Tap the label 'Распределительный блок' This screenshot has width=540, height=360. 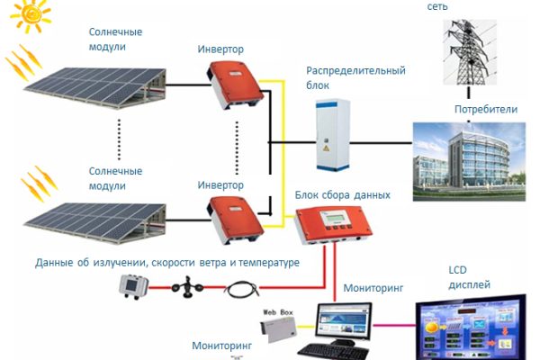(355, 77)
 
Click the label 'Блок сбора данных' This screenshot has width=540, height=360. (342, 194)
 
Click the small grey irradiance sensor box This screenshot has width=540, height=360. (132, 286)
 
